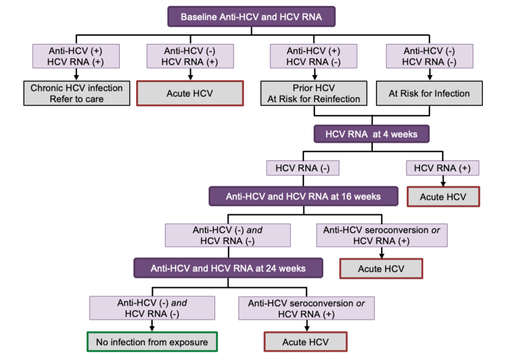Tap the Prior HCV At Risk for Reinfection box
(314, 93)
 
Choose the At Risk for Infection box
(429, 93)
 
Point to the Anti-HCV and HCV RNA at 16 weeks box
(303, 196)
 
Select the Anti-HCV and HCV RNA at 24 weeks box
(228, 268)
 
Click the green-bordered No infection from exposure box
(152, 342)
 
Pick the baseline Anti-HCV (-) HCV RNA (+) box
(189, 55)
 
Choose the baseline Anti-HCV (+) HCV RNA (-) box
(313, 55)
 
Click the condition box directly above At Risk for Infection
(429, 55)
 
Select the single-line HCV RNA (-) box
(303, 168)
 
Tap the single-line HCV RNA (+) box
(442, 168)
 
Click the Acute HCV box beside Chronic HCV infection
(189, 93)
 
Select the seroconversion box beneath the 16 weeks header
(381, 235)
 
